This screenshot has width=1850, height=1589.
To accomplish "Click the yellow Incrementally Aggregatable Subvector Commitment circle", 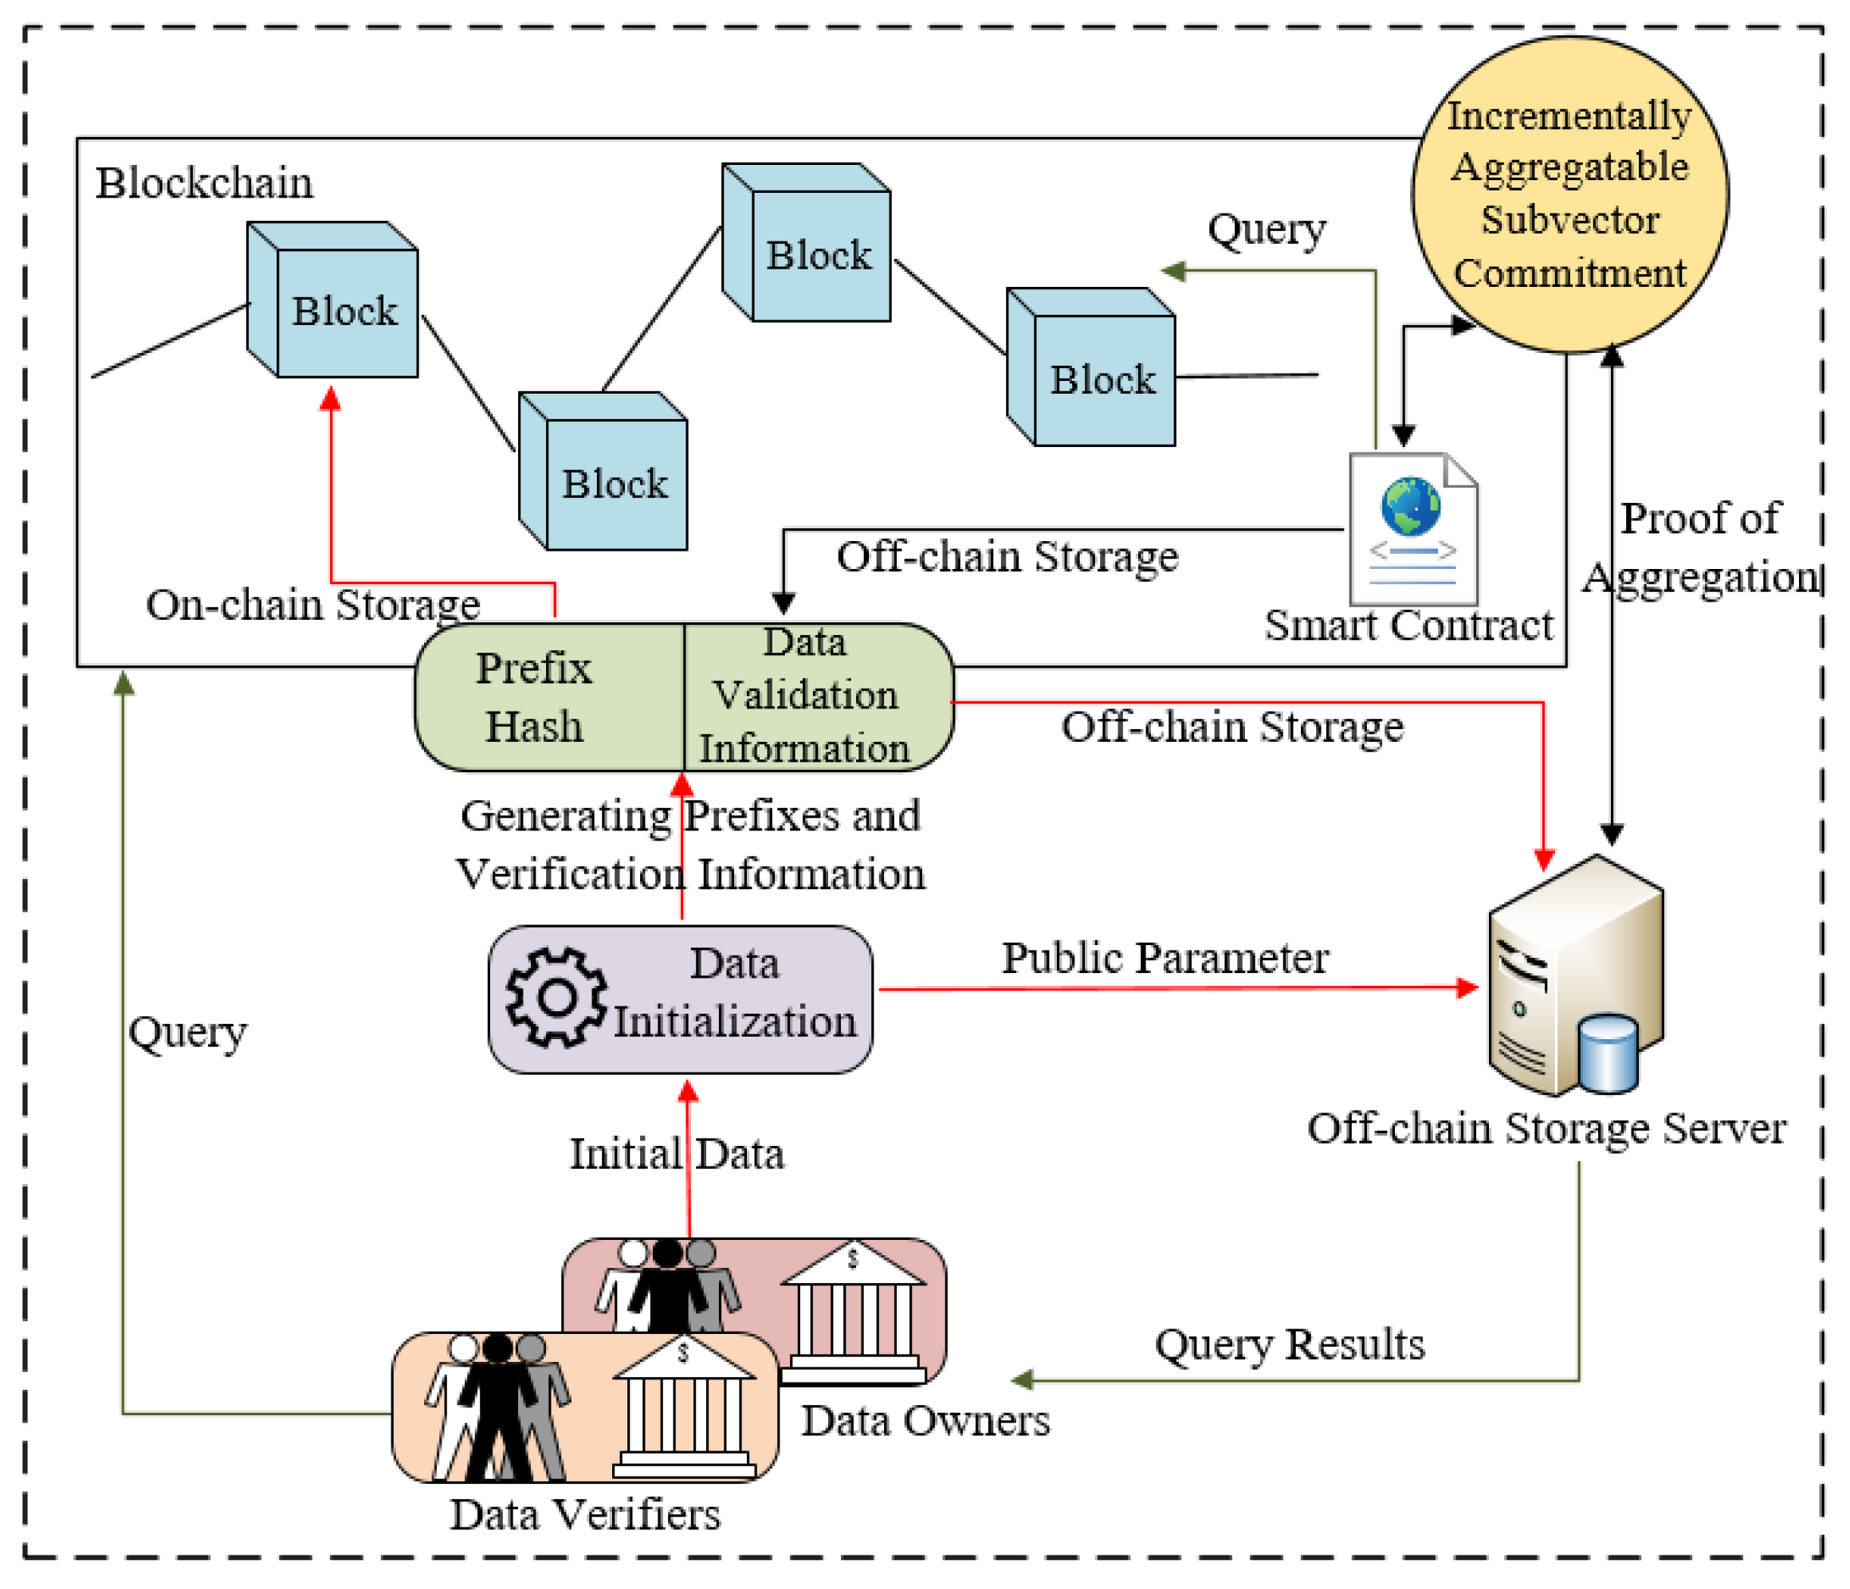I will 1569,194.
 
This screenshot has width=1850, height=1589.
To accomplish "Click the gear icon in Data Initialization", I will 556,998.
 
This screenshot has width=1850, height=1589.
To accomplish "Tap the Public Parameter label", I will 1165,959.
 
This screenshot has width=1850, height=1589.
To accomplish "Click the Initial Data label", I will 677,1154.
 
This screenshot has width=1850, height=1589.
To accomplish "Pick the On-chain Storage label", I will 312,606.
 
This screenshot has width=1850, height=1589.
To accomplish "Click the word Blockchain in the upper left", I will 205,183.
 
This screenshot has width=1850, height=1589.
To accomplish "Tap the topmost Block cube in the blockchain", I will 807,244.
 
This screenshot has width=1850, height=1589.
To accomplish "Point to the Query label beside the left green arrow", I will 187,1033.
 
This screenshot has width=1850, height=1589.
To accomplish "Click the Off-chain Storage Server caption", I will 1546,1128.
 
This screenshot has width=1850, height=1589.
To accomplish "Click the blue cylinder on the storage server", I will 1608,1053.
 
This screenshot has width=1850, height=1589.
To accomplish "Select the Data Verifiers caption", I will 585,1515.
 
